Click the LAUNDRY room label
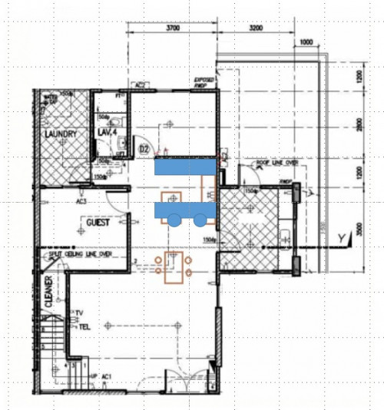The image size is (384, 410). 61,134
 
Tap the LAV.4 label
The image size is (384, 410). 106,133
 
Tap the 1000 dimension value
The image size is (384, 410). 306,41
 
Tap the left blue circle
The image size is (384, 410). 174,220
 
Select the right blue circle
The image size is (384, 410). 200,220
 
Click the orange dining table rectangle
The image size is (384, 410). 173,266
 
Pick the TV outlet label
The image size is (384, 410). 79,313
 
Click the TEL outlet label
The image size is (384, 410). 85,326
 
